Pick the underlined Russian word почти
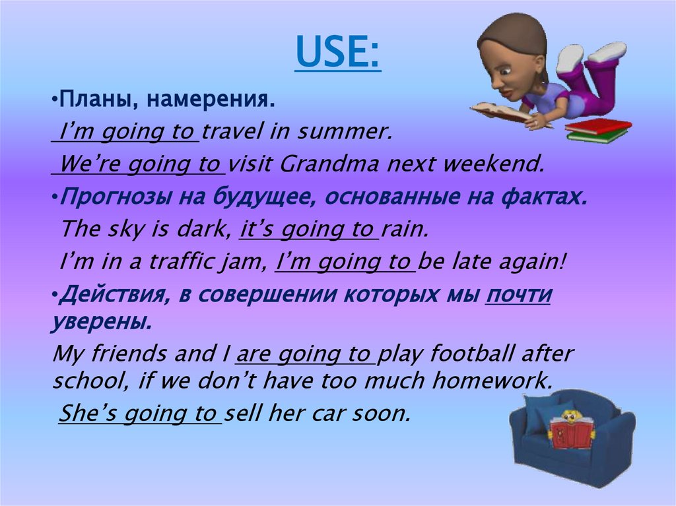coord(518,295)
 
